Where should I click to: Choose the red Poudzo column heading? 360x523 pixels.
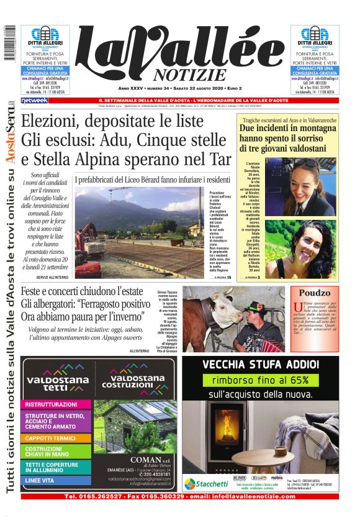pyautogui.click(x=315, y=293)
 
